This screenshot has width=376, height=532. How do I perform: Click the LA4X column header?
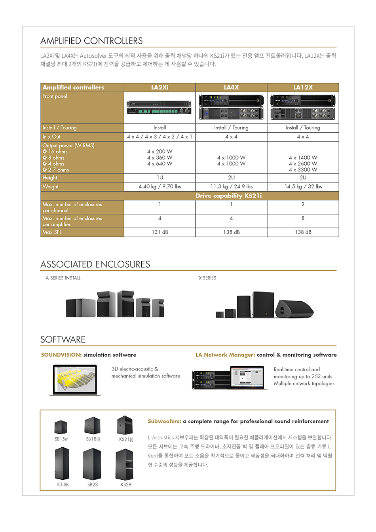click(231, 87)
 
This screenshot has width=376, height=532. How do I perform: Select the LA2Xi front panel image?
click(160, 107)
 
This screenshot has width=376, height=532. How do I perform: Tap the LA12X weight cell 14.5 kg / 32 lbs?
click(303, 186)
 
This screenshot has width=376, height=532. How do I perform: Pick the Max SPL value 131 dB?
click(160, 232)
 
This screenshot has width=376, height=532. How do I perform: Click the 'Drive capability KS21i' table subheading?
click(228, 196)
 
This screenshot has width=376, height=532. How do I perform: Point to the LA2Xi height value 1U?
click(160, 178)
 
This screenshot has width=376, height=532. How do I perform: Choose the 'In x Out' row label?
click(51, 137)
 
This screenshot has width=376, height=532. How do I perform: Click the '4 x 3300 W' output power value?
click(303, 170)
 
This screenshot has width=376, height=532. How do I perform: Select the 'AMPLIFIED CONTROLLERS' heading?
click(91, 41)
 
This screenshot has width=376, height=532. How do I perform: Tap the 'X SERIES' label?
click(207, 278)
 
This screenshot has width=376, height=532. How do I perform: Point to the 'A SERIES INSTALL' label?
click(63, 278)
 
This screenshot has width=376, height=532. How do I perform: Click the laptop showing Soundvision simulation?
click(75, 380)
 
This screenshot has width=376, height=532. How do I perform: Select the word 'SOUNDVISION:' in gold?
click(61, 355)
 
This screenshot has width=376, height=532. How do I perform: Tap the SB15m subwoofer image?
click(61, 427)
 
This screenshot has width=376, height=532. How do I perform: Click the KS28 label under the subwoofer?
click(126, 484)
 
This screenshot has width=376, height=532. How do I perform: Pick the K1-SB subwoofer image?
click(62, 464)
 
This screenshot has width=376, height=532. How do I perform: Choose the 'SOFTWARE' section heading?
click(63, 340)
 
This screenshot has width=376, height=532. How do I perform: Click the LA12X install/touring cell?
click(303, 127)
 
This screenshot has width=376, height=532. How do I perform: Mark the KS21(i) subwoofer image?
click(125, 426)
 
